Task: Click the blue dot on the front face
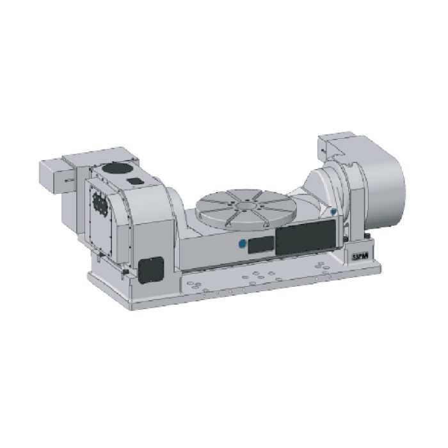click(x=241, y=243)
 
